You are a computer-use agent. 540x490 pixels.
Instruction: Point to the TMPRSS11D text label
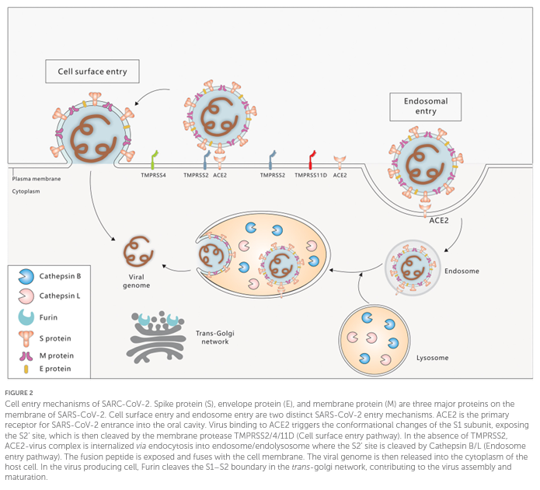310,177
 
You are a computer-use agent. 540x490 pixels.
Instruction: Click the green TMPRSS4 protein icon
154,158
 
